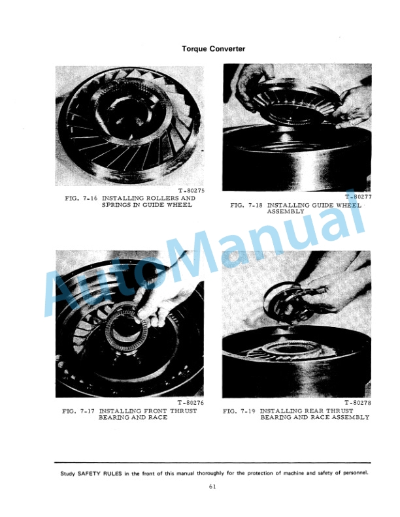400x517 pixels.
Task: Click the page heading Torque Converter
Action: (x=213, y=49)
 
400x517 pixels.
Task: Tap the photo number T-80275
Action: (x=192, y=191)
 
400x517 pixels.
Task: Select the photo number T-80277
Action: (x=358, y=197)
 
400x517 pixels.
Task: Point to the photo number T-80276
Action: (x=191, y=403)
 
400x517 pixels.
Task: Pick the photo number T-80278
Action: (x=358, y=403)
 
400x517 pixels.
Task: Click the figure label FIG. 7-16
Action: (x=81, y=198)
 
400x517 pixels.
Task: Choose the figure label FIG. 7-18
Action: (x=246, y=205)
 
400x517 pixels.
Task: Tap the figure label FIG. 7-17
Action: (x=78, y=411)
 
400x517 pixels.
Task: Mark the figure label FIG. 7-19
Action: (x=239, y=411)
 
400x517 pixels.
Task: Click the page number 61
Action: (x=212, y=486)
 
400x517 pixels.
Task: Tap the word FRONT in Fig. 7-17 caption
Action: (x=156, y=411)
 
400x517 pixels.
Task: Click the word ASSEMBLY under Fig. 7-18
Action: (x=286, y=211)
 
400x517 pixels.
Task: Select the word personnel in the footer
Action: (x=355, y=473)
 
